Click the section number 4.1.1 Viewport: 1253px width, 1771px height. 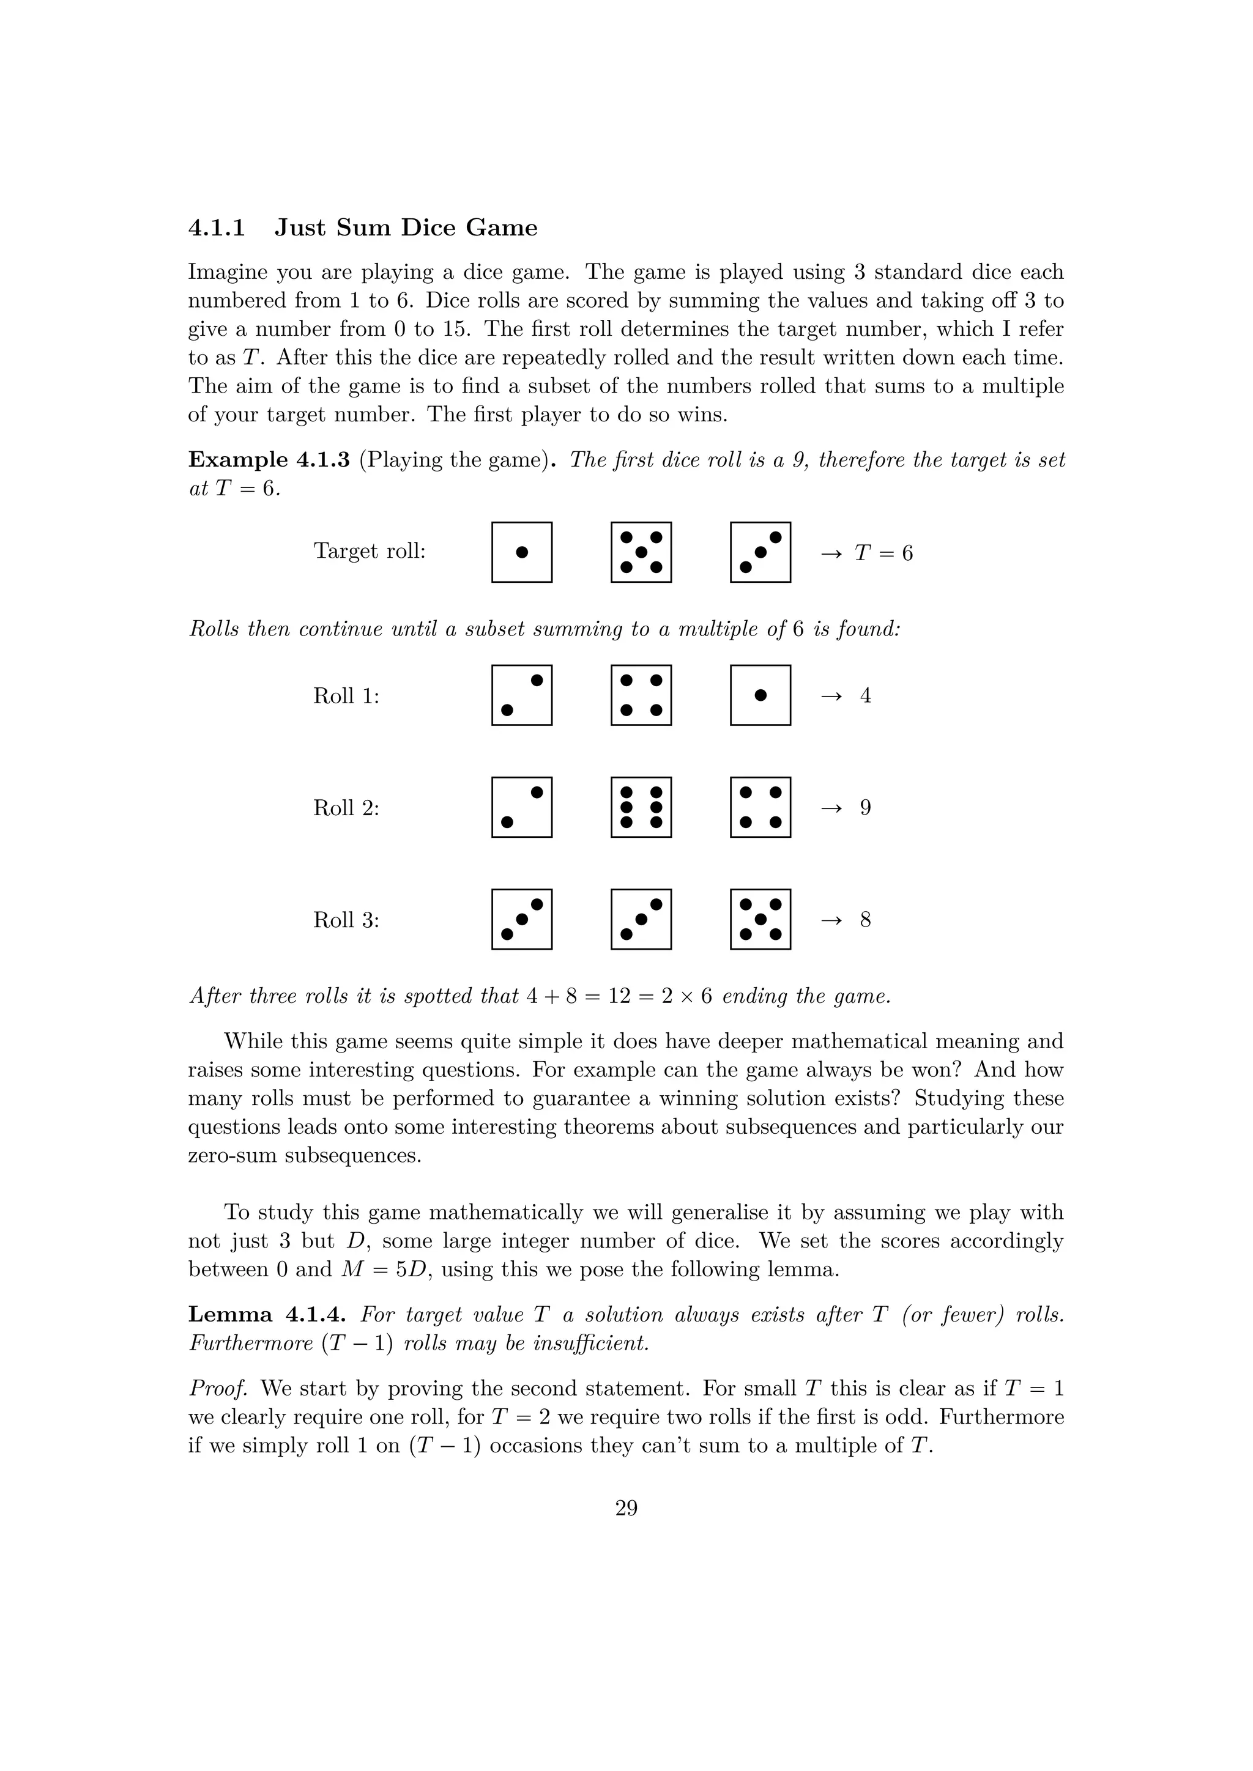(x=217, y=228)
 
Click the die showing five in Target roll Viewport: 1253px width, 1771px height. (x=641, y=552)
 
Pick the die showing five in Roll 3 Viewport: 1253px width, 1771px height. (x=760, y=919)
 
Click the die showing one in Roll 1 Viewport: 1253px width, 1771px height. (x=760, y=695)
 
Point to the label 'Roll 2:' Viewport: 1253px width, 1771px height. (x=346, y=808)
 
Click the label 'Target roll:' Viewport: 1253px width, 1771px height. (x=370, y=552)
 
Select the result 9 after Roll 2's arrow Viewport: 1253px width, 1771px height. (x=865, y=808)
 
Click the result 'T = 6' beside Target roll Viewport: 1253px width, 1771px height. (x=883, y=553)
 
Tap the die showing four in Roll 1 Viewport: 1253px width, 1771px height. (x=641, y=695)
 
